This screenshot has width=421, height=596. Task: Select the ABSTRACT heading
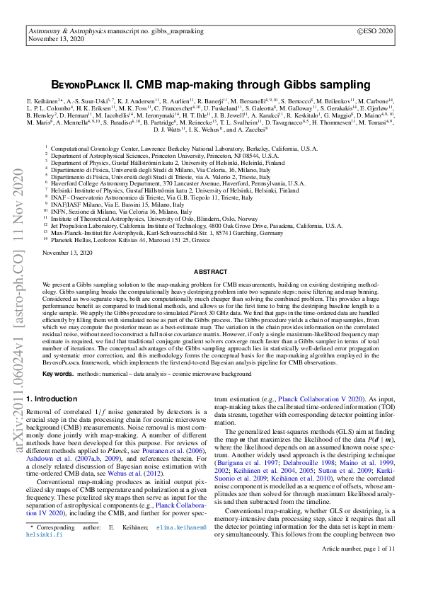pyautogui.click(x=210, y=271)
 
